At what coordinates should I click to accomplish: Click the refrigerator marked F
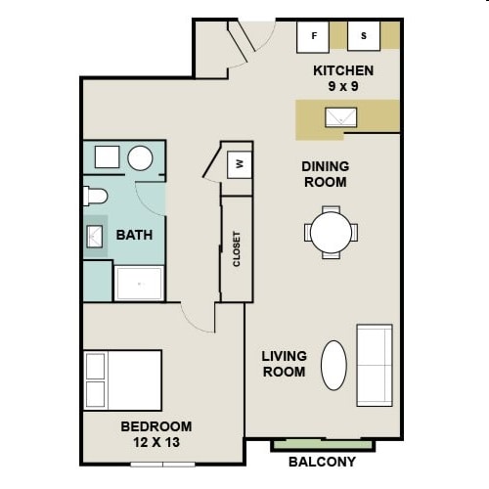314,37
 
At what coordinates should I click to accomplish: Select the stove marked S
364,37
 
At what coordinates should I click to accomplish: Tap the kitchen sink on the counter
341,117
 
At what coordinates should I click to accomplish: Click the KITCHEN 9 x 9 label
342,78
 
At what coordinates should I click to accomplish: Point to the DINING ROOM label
325,174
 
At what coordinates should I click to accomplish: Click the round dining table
331,233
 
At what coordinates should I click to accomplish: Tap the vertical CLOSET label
237,248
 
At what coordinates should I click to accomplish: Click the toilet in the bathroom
95,195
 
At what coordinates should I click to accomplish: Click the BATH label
134,235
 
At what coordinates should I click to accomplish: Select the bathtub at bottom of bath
140,283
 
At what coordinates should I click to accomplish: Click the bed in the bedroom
122,379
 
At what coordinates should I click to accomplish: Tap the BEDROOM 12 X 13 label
156,434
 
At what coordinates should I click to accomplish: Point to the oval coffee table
333,364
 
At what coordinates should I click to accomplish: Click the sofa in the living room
375,364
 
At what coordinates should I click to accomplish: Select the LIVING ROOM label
284,364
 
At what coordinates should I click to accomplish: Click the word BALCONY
322,462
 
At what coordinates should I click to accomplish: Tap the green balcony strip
335,445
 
